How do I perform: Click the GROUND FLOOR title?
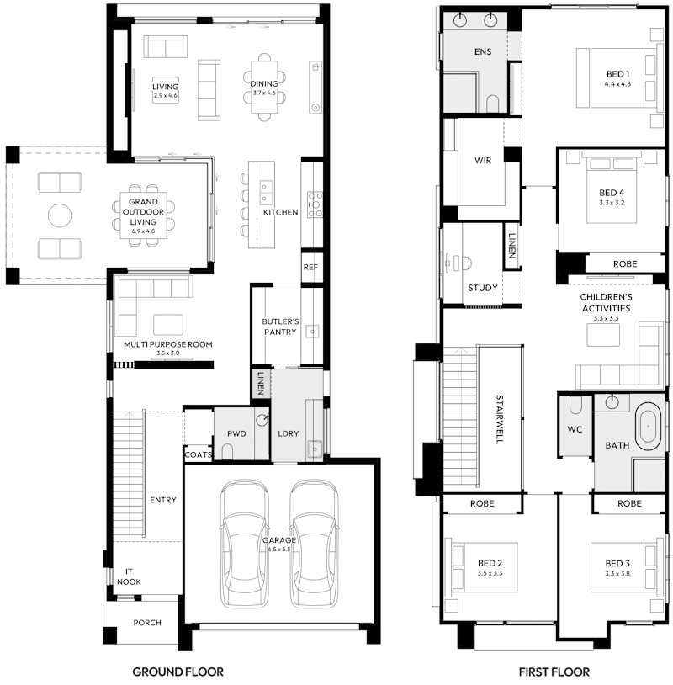click(178, 672)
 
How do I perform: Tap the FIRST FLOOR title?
click(554, 672)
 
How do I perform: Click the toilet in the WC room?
click(575, 406)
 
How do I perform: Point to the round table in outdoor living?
click(60, 216)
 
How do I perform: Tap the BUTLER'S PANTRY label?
click(281, 327)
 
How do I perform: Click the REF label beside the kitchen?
click(310, 267)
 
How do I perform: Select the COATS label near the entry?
click(199, 454)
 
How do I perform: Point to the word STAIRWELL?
click(500, 419)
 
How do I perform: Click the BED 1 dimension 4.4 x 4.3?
click(617, 84)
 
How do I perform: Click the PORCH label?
click(147, 623)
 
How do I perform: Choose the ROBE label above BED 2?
click(482, 503)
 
